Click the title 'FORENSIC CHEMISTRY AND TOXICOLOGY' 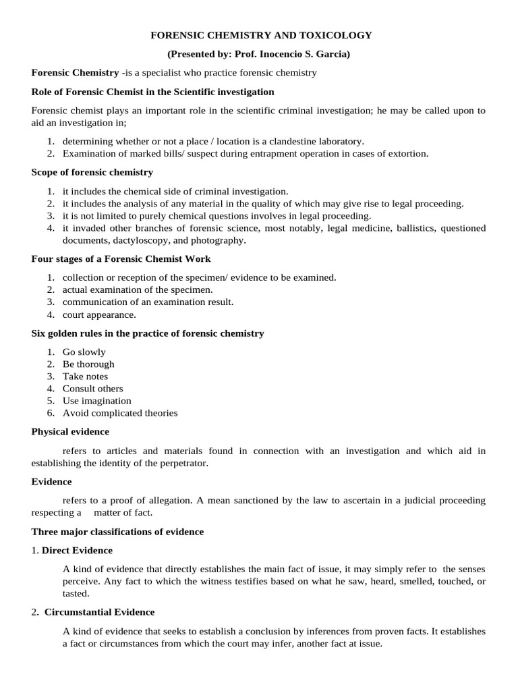point(260,35)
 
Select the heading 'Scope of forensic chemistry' point(92,172)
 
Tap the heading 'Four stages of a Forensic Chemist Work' point(121,258)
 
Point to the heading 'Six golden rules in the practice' point(148,333)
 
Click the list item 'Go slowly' point(84,352)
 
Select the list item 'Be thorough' point(88,364)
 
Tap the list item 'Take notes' point(85,376)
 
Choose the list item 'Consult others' point(93,388)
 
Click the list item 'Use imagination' point(97,401)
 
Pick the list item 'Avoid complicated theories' point(120,413)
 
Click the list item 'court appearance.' point(99,314)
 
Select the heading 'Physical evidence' point(70,431)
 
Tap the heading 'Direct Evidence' point(77,550)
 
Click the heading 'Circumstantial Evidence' point(99,612)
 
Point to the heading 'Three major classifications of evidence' point(117,532)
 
